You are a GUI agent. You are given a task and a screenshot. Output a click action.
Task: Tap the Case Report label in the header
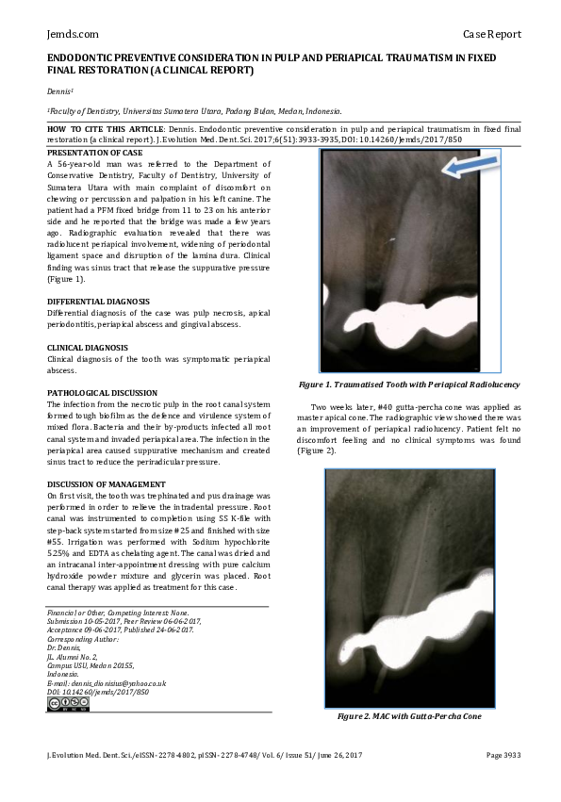(x=492, y=34)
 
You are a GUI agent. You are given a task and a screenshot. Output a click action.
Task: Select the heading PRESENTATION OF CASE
(x=95, y=152)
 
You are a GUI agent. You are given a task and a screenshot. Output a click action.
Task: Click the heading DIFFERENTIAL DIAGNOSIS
(x=98, y=302)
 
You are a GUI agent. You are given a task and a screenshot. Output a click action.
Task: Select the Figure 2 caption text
(x=409, y=717)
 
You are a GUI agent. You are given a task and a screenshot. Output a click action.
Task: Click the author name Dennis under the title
(x=60, y=91)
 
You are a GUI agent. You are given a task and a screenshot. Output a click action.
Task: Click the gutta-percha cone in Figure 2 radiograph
(x=405, y=565)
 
